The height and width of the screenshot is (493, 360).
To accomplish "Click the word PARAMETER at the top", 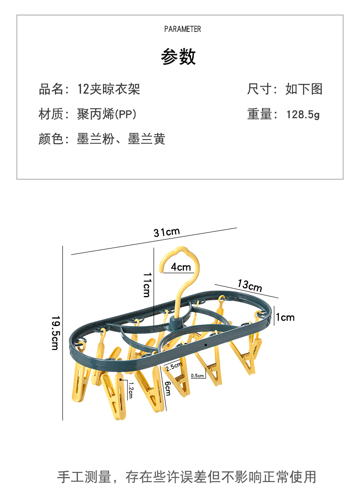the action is click(182, 29).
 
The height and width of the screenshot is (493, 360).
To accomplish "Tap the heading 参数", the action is click(178, 57).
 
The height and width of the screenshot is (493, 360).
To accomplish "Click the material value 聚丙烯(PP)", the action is click(107, 114).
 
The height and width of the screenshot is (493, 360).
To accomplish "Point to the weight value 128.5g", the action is click(303, 114).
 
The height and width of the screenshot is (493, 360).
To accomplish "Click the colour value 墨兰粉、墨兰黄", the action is click(121, 139).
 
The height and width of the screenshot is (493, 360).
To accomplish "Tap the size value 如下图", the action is click(304, 89).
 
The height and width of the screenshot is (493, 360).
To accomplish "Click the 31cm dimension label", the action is click(166, 232).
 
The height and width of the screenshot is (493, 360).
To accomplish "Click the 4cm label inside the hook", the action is click(181, 267).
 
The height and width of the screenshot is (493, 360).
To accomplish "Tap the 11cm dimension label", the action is click(147, 285).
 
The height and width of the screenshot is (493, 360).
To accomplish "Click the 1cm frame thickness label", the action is click(286, 317).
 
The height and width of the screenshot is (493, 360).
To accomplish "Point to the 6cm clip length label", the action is click(167, 388).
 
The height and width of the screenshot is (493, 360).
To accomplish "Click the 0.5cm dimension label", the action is click(197, 375).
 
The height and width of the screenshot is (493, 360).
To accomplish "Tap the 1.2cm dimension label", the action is click(130, 390).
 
